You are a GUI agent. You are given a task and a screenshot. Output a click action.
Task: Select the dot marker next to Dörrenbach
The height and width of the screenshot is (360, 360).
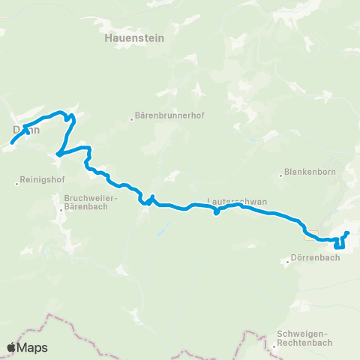pyautogui.click(x=288, y=262)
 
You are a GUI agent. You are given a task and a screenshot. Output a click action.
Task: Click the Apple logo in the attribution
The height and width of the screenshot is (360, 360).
pyautogui.click(x=11, y=347)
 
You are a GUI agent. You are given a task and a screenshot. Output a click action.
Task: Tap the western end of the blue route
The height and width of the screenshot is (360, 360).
pyautogui.click(x=11, y=143)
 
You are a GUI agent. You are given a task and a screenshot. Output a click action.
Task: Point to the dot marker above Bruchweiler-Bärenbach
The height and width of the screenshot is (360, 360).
pyautogui.click(x=61, y=210)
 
